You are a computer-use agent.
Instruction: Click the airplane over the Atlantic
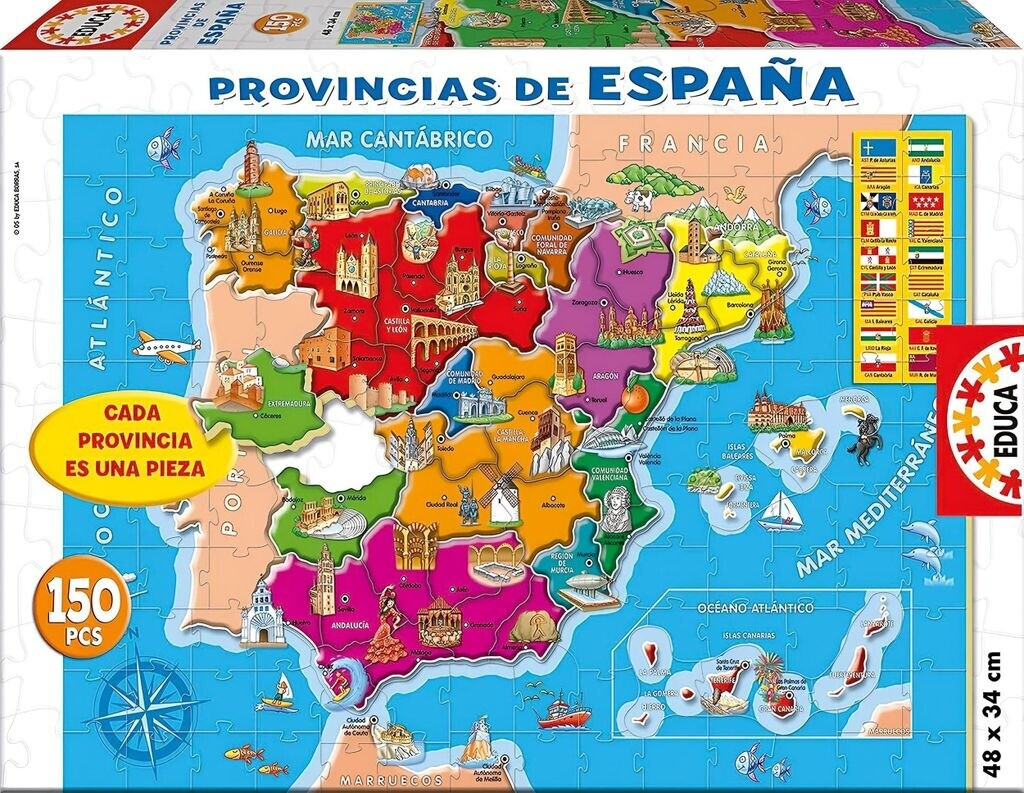160,348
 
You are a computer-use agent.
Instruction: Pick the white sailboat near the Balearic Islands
781,511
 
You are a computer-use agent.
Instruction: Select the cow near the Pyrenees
638,197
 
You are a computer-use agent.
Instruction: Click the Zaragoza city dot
601,301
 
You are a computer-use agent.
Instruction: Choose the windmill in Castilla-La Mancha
503,497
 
